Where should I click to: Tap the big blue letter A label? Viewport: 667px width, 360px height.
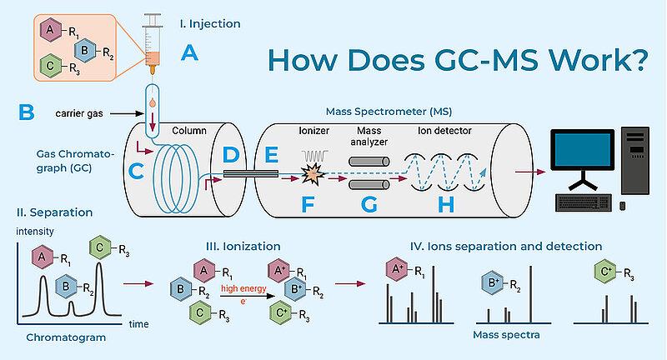(x=190, y=53)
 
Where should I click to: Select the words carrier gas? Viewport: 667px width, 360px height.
(x=79, y=113)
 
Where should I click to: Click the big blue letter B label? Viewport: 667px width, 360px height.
(x=27, y=112)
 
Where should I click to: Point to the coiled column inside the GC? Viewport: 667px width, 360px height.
(x=176, y=177)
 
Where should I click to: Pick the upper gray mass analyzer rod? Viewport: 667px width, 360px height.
(x=369, y=162)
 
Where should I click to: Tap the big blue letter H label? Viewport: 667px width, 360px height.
(x=446, y=205)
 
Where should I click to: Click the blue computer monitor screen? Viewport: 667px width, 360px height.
(x=582, y=151)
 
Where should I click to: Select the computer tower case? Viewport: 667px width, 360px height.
(x=635, y=161)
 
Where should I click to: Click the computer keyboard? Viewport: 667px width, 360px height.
(x=584, y=202)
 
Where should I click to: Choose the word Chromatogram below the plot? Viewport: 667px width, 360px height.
(x=66, y=337)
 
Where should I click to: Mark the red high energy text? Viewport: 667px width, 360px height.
(x=243, y=288)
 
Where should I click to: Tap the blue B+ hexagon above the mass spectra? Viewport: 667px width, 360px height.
(x=493, y=282)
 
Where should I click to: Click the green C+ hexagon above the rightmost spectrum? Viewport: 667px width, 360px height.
(x=605, y=272)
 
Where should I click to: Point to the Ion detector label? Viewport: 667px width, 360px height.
(x=444, y=131)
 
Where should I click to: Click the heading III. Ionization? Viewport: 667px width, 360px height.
(x=243, y=247)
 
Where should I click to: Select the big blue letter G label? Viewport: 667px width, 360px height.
(x=369, y=205)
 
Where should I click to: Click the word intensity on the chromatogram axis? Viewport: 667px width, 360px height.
(x=35, y=232)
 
